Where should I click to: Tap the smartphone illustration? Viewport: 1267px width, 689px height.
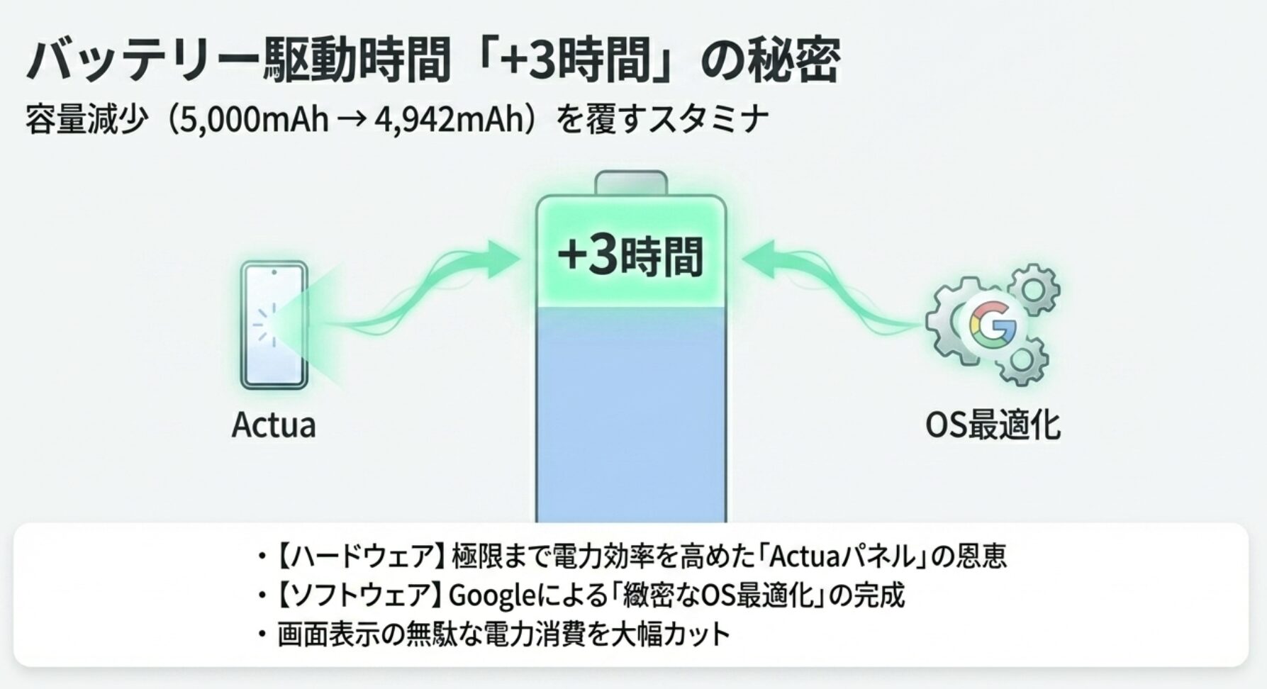pos(274,325)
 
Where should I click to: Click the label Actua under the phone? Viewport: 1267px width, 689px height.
pos(274,425)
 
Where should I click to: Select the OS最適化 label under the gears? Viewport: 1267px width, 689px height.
pos(993,425)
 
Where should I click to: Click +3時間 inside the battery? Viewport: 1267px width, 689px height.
pos(630,256)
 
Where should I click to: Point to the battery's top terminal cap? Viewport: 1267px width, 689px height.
pos(631,183)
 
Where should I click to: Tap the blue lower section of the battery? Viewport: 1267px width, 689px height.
pos(631,415)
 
